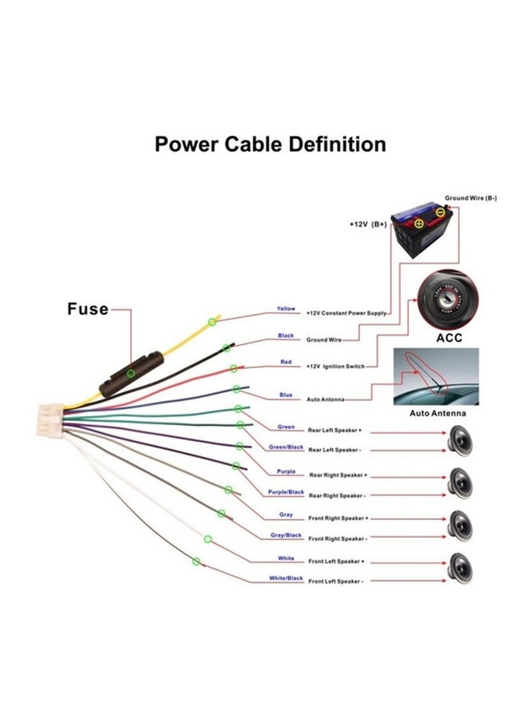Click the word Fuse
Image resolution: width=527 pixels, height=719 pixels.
(x=87, y=309)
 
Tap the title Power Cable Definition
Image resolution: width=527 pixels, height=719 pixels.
(x=270, y=145)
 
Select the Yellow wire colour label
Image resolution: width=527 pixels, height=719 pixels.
(x=286, y=308)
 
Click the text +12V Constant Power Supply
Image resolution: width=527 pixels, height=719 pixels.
(x=347, y=313)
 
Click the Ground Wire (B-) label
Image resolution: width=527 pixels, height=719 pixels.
(x=471, y=197)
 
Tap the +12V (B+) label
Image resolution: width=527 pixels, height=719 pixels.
(x=368, y=224)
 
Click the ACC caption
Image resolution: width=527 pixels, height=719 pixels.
(x=449, y=338)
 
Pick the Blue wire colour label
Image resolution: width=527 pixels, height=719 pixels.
(x=286, y=395)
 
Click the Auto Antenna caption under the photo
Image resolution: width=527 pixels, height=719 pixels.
(x=438, y=414)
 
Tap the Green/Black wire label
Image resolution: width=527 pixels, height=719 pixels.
(x=286, y=447)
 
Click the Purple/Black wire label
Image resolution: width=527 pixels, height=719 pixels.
(x=286, y=492)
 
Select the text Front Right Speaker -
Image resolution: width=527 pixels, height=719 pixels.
(x=338, y=538)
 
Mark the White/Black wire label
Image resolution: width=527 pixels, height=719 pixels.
(x=286, y=578)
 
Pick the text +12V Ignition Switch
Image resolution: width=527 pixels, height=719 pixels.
(x=335, y=366)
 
